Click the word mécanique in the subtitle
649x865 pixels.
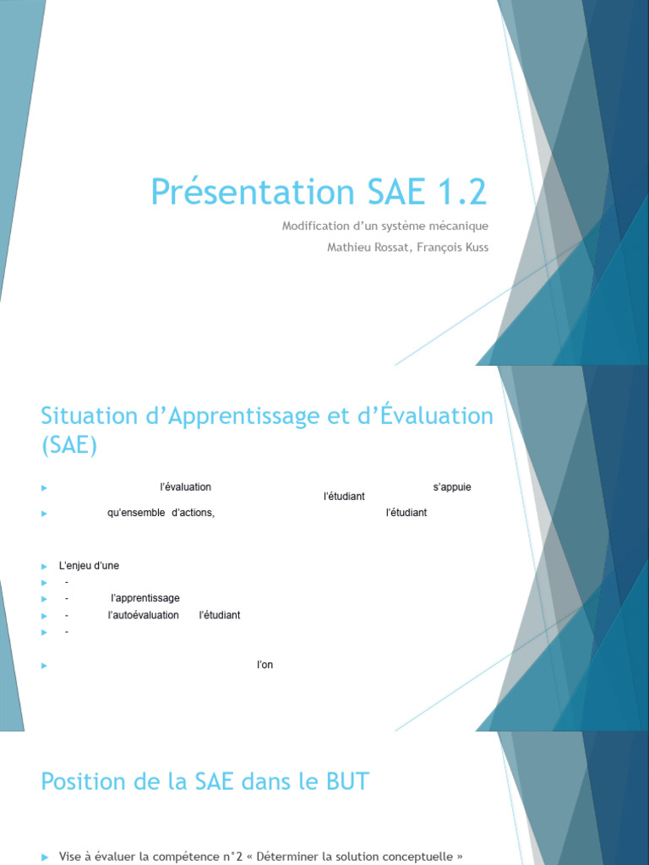click(x=460, y=226)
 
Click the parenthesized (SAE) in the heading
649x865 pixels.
click(x=69, y=445)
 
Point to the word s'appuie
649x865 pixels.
click(x=452, y=487)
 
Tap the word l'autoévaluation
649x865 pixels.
click(x=144, y=615)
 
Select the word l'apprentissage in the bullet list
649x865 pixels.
click(x=145, y=598)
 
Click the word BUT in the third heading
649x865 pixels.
click(x=346, y=781)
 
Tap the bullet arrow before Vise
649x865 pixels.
click(x=46, y=857)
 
